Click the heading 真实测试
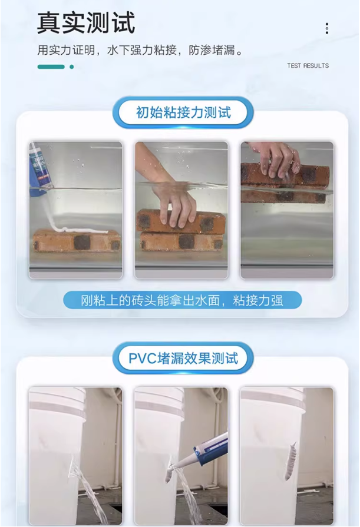(86, 22)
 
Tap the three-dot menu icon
(326, 28)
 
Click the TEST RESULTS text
(308, 65)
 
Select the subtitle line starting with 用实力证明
(140, 51)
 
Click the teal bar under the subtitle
(51, 67)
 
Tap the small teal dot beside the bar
(72, 67)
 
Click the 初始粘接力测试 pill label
(183, 112)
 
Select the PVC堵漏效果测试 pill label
(183, 358)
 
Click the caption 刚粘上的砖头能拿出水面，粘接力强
(182, 300)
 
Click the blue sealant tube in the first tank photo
(40, 169)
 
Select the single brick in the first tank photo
(77, 241)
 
